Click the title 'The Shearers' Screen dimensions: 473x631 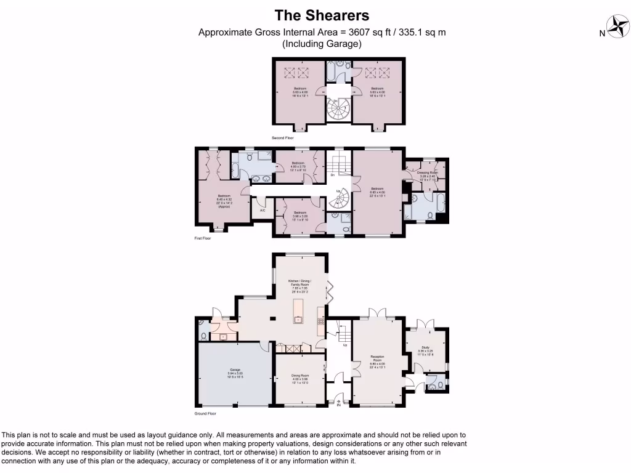pos(321,15)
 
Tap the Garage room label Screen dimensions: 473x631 pos(235,373)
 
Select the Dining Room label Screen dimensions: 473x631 pos(300,378)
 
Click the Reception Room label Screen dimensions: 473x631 pos(377,362)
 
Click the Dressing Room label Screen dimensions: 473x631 pos(426,174)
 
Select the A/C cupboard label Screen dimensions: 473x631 pos(263,211)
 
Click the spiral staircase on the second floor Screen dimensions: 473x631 pos(338,110)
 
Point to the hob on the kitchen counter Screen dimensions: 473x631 pos(320,321)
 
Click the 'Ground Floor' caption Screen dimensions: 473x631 pos(205,413)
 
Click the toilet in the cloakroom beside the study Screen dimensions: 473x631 pos(438,386)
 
